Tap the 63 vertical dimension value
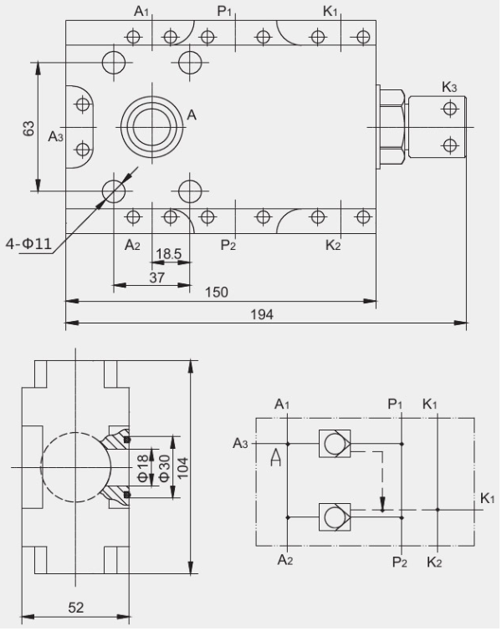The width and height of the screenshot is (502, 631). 28,128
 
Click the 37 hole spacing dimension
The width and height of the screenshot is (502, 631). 156,277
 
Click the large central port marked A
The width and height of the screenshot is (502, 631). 151,128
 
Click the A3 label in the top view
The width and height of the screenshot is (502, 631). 55,135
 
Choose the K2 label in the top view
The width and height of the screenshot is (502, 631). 332,245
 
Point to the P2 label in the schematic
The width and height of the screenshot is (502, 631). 400,561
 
